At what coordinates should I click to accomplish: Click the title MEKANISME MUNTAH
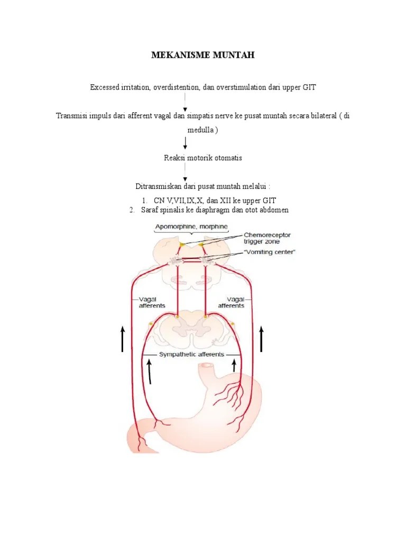[x=203, y=55]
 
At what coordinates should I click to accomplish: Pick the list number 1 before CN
[x=144, y=201]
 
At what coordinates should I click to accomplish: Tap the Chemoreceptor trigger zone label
[x=267, y=238]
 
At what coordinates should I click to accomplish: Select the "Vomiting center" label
[x=270, y=252]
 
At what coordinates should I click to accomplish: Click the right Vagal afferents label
[x=231, y=303]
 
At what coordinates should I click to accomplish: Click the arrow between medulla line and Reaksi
[x=185, y=143]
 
